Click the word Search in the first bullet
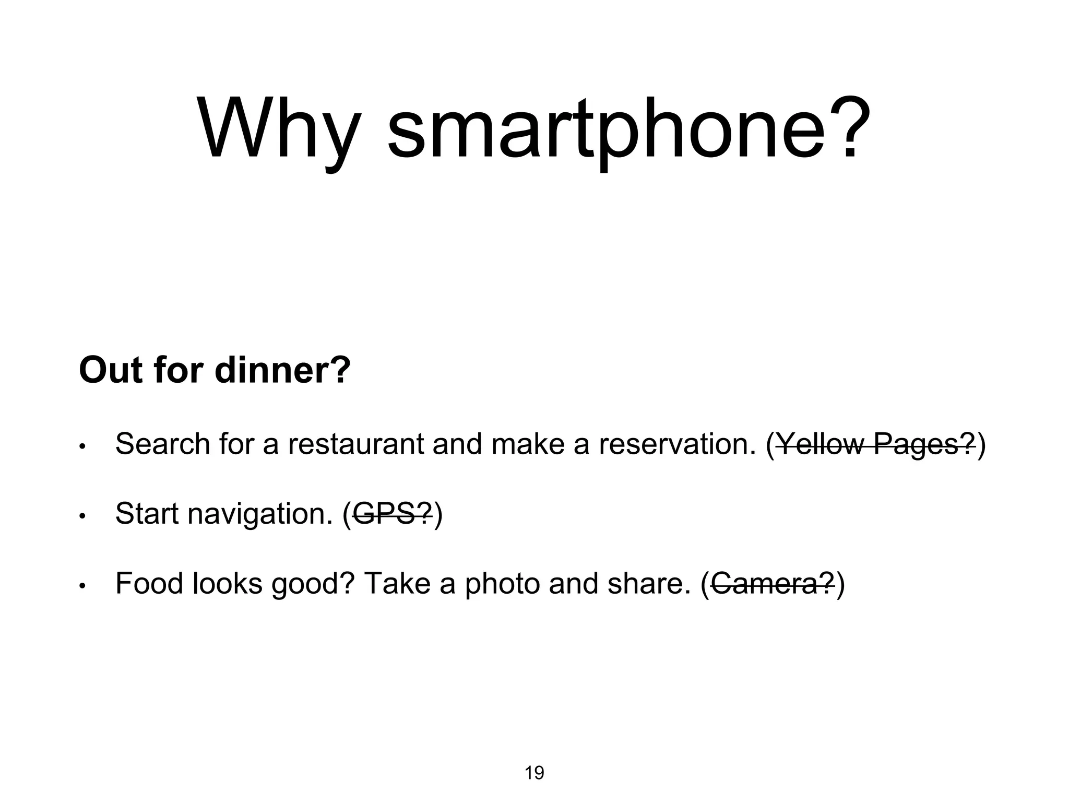pyautogui.click(x=162, y=444)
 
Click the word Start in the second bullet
pyautogui.click(x=147, y=514)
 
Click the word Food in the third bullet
pyautogui.click(x=149, y=584)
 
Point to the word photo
pyautogui.click(x=502, y=584)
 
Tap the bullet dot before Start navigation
pyautogui.click(x=82, y=517)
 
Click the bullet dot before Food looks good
pyautogui.click(x=82, y=587)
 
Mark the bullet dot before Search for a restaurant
pyautogui.click(x=82, y=447)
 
